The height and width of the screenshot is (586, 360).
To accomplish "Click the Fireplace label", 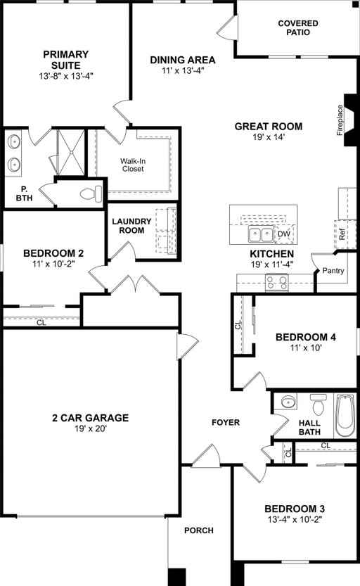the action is pyautogui.click(x=340, y=120).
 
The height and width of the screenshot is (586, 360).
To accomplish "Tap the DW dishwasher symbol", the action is pyautogui.click(x=284, y=234).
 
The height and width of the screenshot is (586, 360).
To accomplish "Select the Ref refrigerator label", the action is pyautogui.click(x=342, y=234).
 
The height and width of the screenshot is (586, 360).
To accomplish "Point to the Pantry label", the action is pyautogui.click(x=333, y=270).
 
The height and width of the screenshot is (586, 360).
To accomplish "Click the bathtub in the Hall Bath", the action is pyautogui.click(x=345, y=415).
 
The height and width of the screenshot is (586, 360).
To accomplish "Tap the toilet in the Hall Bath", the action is pyautogui.click(x=319, y=405).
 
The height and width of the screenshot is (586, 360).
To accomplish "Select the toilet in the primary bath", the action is pyautogui.click(x=91, y=193).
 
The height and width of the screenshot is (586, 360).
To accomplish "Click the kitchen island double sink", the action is pyautogui.click(x=261, y=235).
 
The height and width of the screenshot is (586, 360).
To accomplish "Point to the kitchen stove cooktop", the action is pyautogui.click(x=277, y=281).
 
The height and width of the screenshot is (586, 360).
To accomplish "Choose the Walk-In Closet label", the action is pyautogui.click(x=133, y=165).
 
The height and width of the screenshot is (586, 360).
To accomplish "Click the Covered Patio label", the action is pyautogui.click(x=298, y=27).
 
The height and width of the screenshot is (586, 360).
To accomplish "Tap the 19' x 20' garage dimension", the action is pyautogui.click(x=91, y=428).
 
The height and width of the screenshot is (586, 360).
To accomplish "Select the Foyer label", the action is pyautogui.click(x=226, y=422).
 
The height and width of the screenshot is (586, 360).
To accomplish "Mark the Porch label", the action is pyautogui.click(x=199, y=530).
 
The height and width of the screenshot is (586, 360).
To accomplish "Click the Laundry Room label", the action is pyautogui.click(x=131, y=226).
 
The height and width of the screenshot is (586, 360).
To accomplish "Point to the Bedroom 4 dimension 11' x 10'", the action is pyautogui.click(x=306, y=348).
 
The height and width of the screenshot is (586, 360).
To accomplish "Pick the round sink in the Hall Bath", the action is pyautogui.click(x=288, y=402).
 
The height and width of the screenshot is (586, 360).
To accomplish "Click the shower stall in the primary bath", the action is pyautogui.click(x=71, y=151).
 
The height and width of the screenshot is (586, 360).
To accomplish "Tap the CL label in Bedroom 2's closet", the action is pyautogui.click(x=41, y=322).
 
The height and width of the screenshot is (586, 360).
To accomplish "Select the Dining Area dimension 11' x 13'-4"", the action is pyautogui.click(x=183, y=70).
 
